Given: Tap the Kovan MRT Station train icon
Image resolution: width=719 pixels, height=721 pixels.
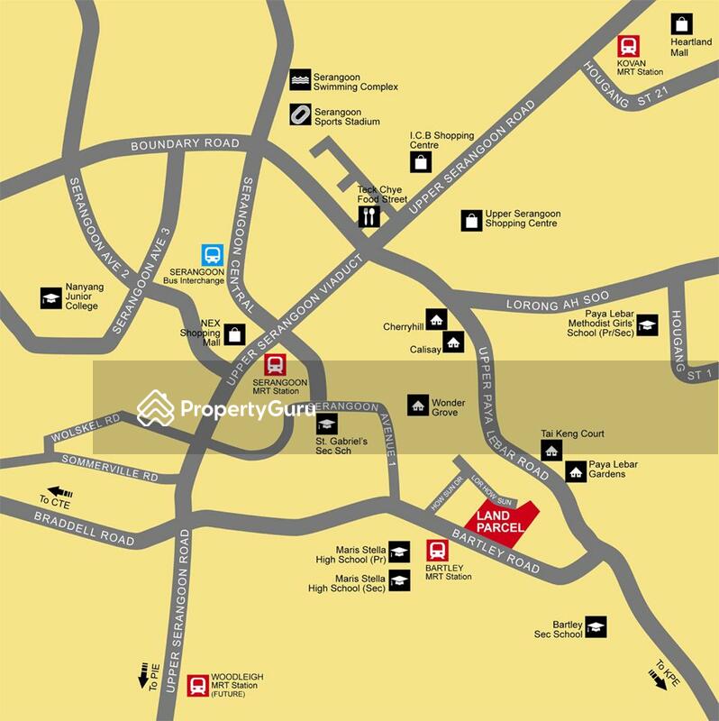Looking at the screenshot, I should tap(628, 46).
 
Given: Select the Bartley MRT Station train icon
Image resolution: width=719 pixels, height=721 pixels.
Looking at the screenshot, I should tap(437, 550).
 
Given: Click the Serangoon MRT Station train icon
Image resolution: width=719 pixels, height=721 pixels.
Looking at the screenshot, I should tap(275, 365).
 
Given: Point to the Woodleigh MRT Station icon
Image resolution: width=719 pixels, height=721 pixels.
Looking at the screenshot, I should tap(197, 686).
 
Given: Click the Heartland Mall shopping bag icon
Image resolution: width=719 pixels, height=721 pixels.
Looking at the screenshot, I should tap(682, 24).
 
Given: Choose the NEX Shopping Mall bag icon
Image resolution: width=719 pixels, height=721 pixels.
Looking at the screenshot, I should tap(234, 334).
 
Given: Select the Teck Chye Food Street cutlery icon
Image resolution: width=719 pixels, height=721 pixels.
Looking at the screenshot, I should tap(369, 216).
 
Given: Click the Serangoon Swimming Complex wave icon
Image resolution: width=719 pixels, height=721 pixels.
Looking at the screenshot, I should tap(300, 81).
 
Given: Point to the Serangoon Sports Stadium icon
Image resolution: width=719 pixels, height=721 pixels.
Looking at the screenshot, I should tap(300, 115).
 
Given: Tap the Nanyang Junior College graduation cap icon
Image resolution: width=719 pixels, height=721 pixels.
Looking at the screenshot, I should tap(50, 297).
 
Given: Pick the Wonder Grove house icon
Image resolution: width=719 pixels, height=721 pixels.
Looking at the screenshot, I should tap(417, 406).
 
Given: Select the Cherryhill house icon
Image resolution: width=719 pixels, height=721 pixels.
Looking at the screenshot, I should tap(436, 319).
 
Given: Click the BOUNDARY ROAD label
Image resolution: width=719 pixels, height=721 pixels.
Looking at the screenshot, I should tap(185, 144).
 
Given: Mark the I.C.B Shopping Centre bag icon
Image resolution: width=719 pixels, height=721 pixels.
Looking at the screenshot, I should tap(421, 162).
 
